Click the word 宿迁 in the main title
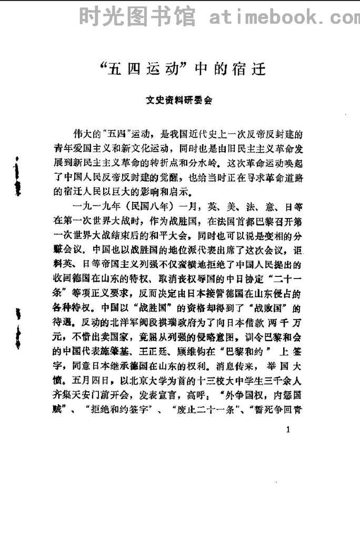247,69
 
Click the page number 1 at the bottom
287,431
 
